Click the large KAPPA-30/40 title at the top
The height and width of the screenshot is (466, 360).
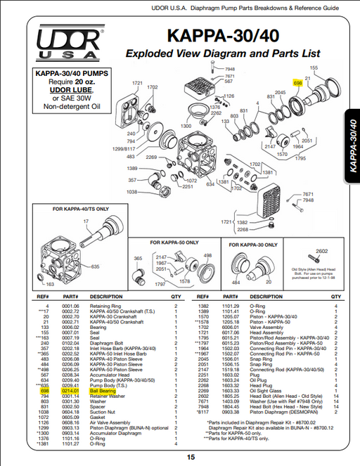point(223,36)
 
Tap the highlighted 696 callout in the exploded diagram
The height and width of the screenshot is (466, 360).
point(297,82)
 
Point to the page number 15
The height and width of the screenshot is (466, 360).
point(191,457)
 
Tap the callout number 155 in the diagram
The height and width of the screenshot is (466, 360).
point(314,68)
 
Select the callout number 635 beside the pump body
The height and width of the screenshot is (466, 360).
point(95,267)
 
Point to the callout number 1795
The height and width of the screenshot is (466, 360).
point(301,158)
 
